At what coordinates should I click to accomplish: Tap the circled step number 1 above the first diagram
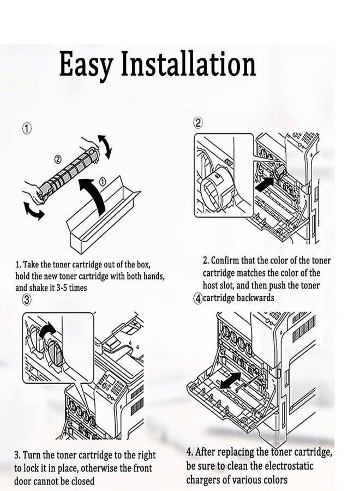coord(27,129)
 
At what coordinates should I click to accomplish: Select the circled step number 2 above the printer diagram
coord(198,123)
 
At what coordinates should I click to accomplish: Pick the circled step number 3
coord(27,300)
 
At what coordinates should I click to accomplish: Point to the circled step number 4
coord(198,298)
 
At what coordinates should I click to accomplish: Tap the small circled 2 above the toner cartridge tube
coord(58,159)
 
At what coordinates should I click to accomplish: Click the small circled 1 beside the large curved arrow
coord(103,181)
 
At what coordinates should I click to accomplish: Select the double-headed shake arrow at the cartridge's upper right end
coord(105,146)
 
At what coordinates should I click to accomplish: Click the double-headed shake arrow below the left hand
coord(34,211)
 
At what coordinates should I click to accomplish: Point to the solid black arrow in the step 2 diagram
coord(265,183)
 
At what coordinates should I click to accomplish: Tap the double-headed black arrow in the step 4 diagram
coord(231,380)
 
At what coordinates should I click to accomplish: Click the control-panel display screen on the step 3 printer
coord(110,380)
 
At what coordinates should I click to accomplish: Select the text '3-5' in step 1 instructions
coord(62,288)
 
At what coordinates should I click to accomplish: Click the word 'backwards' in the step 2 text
coord(255,297)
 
